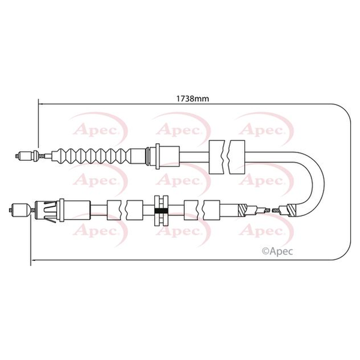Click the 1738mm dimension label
click(x=193, y=99)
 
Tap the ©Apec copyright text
click(x=277, y=251)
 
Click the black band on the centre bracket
click(x=161, y=211)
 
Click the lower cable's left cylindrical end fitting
click(x=20, y=209)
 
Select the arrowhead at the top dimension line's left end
click(x=41, y=104)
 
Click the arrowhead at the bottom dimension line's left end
click(x=34, y=260)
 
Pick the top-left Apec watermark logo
click(x=99, y=129)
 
